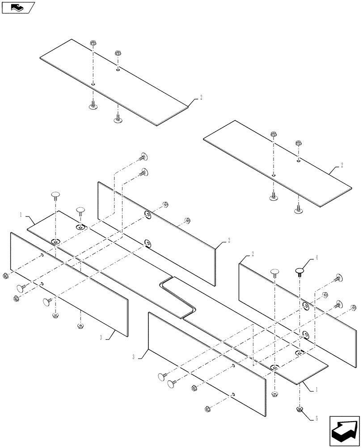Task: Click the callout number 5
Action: coord(316,418)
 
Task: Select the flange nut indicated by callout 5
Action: coord(299,409)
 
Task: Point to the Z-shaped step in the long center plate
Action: coord(179,297)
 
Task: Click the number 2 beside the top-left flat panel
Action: coord(201,97)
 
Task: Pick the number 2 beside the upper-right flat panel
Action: coord(342,165)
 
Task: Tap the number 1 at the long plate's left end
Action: coord(21,215)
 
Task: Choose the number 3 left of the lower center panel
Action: coord(134,357)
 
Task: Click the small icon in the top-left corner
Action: coord(17,8)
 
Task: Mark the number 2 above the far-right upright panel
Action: coord(253,254)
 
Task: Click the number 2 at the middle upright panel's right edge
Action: coord(229,240)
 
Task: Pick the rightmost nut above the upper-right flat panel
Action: coord(298,144)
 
